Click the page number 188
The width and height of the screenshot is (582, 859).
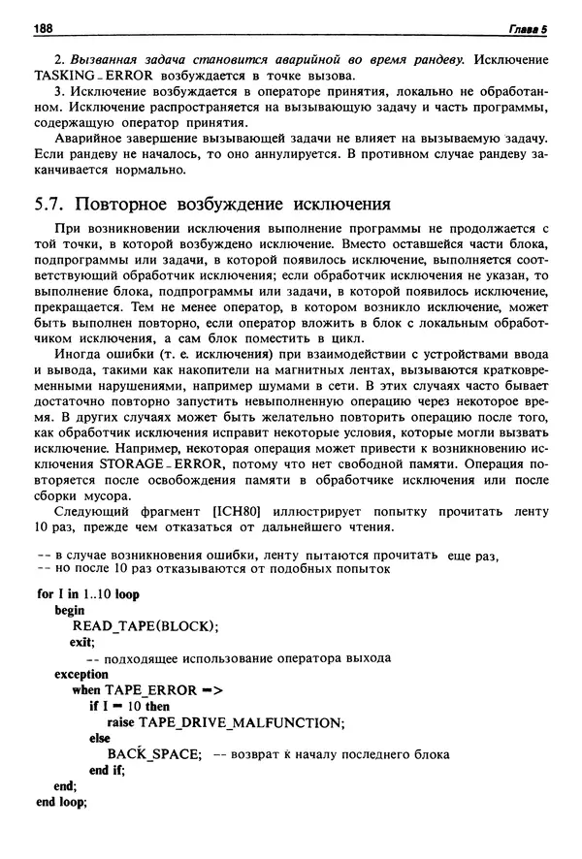[x=44, y=29]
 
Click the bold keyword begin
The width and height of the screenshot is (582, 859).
[x=70, y=610]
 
